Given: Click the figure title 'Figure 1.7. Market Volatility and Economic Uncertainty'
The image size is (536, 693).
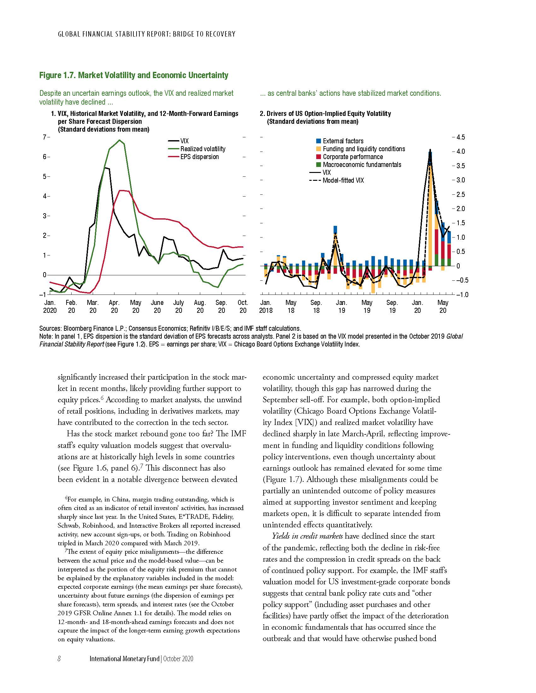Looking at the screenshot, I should tap(134, 75).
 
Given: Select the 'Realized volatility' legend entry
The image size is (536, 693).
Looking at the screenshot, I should tap(203, 149).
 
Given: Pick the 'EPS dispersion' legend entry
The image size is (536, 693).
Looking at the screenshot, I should tap(199, 157).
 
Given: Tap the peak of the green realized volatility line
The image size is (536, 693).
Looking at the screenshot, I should tap(119, 140).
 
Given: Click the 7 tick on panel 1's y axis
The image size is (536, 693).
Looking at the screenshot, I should tap(44, 137).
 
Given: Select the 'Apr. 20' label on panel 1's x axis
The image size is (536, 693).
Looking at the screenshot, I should tap(114, 306).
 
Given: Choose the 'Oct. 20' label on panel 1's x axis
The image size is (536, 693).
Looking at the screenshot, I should tap(243, 306).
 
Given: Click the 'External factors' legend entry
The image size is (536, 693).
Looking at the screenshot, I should tap(343, 141).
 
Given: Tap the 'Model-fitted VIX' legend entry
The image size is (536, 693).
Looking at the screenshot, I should tap(343, 180).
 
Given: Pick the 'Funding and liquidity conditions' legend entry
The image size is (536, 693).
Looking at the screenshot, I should tap(364, 149).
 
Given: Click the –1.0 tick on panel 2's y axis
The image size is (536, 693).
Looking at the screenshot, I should tap(460, 295).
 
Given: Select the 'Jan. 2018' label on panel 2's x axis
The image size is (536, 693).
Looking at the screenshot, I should tap(266, 306).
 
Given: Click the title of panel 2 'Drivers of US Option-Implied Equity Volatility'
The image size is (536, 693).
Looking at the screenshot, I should tap(328, 114).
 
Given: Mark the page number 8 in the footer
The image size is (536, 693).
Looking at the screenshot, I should tap(59, 659).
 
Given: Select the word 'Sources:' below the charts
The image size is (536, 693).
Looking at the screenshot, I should tap(50, 329).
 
